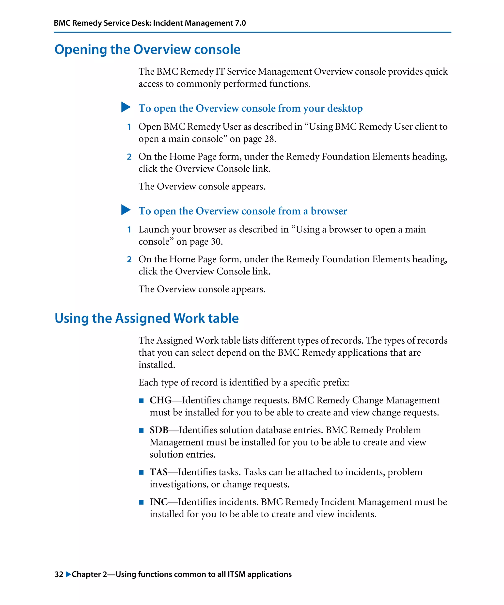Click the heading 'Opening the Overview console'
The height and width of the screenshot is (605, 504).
click(147, 49)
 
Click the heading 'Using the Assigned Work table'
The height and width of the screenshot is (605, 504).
click(147, 318)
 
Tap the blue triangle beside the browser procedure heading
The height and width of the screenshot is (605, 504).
click(126, 210)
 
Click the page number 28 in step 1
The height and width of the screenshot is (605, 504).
click(269, 139)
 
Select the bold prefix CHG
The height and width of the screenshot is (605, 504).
click(160, 400)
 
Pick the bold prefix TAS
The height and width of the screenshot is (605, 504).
click(158, 472)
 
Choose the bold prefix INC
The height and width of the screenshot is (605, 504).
click(158, 502)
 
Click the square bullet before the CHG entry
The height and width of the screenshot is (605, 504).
click(141, 400)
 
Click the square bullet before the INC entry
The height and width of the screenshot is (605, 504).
click(141, 502)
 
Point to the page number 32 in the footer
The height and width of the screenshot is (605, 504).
click(59, 574)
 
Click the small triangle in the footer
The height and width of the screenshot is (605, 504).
click(68, 574)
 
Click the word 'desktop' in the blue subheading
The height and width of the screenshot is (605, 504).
click(345, 108)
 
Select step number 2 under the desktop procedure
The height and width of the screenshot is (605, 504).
click(129, 157)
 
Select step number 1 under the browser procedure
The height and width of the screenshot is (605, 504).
click(129, 230)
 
